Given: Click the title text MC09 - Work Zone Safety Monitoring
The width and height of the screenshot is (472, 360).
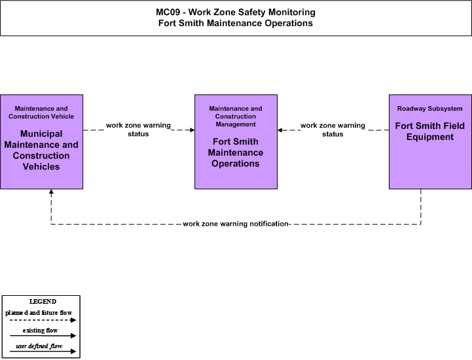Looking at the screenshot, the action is click(x=236, y=12).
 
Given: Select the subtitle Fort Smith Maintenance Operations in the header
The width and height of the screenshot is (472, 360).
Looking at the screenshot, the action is click(x=236, y=23).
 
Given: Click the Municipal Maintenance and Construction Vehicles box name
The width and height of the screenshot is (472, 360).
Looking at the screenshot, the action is click(x=41, y=150).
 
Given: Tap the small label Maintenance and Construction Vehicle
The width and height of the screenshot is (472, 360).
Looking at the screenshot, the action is click(x=41, y=113).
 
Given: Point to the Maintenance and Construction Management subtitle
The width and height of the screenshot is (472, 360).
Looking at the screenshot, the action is click(x=236, y=117).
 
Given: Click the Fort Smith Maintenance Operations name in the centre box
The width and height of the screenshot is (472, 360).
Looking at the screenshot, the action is click(x=236, y=153).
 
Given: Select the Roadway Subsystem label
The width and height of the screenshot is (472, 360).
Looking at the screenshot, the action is click(x=430, y=109).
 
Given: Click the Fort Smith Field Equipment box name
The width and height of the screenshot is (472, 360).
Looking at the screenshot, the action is click(x=430, y=132).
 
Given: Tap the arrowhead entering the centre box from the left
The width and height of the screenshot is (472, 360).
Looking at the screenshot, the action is click(x=192, y=130).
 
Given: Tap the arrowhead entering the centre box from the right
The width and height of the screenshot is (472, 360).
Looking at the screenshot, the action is click(x=280, y=130).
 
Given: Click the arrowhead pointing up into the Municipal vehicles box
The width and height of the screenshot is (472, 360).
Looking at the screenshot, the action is click(x=51, y=191).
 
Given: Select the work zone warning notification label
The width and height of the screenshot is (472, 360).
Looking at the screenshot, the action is click(x=236, y=224).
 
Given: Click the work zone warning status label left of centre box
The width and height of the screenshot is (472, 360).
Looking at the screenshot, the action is click(x=138, y=130).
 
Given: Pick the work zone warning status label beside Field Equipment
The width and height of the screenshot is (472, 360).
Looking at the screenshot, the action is click(x=333, y=130).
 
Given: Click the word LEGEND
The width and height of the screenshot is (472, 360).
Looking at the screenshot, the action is click(x=43, y=301).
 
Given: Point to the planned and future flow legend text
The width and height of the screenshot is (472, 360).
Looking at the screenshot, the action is click(x=39, y=313).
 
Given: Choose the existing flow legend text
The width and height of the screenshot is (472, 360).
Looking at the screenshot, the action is click(x=40, y=330).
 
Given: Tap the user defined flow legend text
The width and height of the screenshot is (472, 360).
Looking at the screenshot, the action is click(x=39, y=346).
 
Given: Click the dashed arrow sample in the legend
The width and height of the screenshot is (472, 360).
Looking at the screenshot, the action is click(x=43, y=320).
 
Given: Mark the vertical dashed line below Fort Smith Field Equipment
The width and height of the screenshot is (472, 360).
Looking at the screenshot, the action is click(x=420, y=206).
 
